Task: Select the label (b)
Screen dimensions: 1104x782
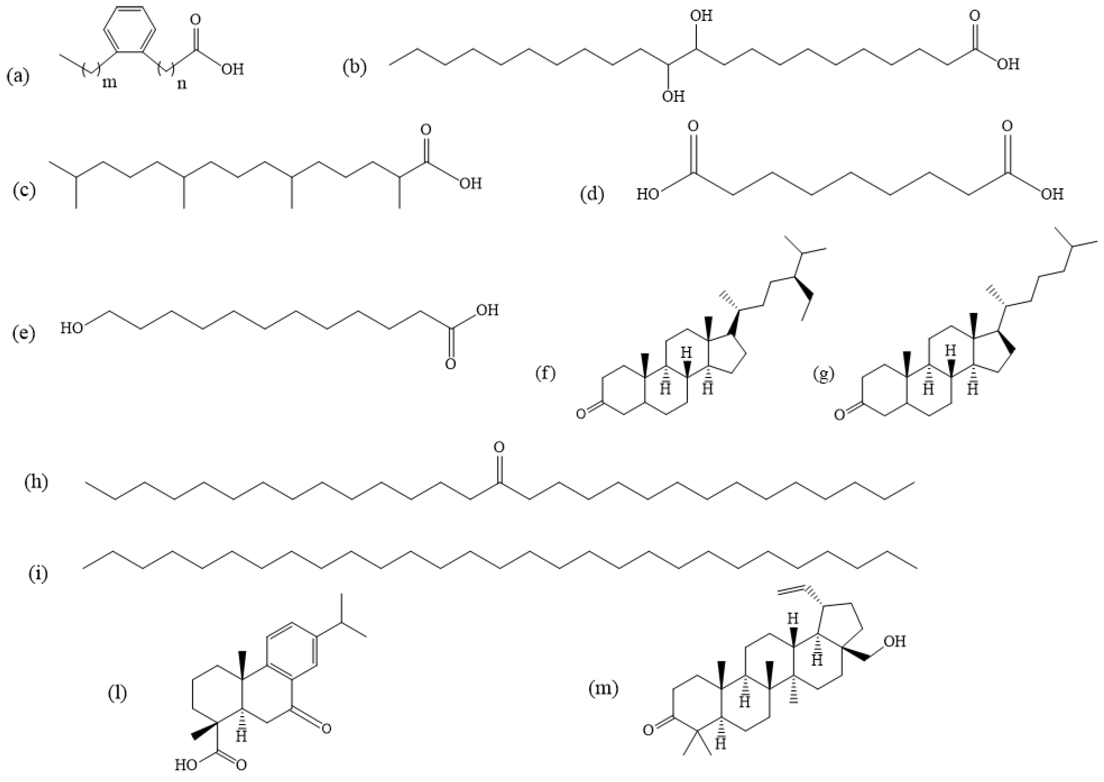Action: [354, 67]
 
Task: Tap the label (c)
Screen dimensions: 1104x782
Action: [24, 191]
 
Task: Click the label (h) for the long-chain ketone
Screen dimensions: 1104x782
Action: [37, 482]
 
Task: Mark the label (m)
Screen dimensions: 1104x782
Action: [603, 689]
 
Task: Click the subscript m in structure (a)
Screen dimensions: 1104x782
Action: [109, 83]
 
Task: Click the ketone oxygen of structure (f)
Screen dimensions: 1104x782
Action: [581, 414]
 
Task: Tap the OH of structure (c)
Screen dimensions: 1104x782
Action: [470, 184]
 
